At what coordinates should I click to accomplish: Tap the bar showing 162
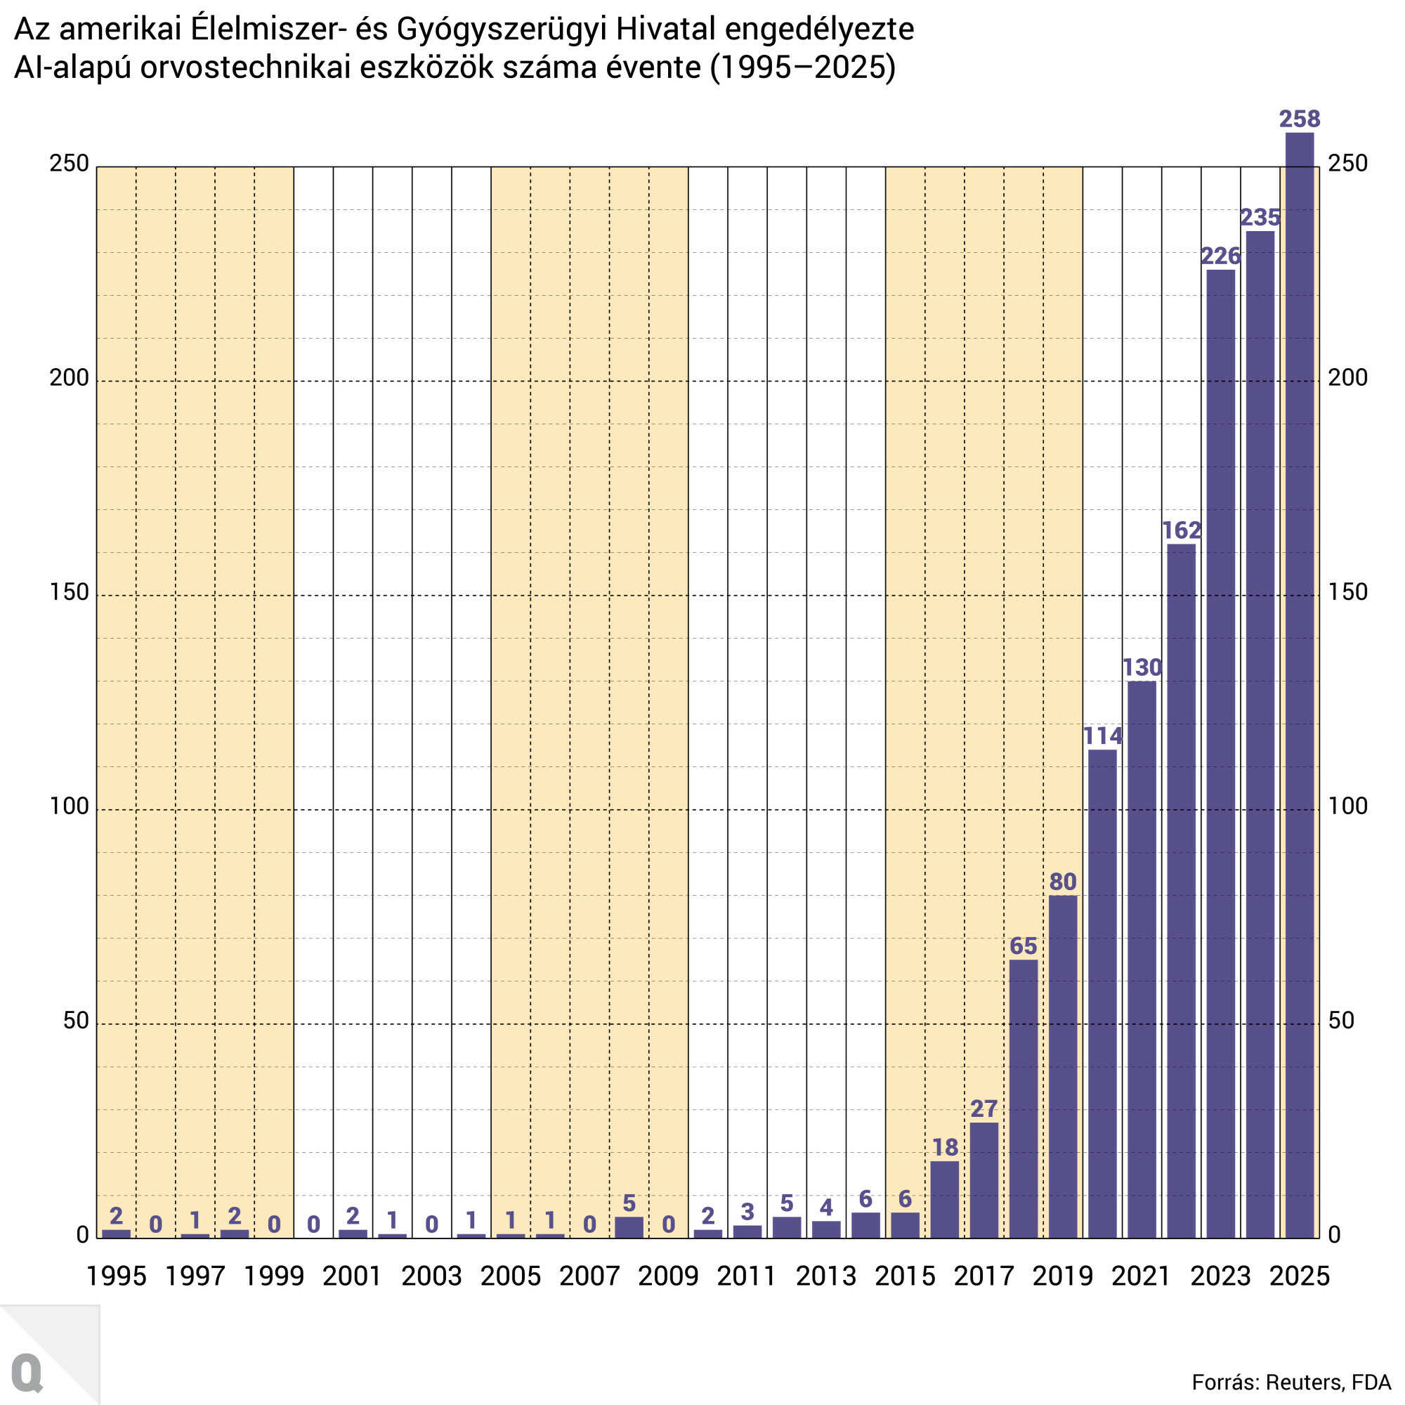(1181, 890)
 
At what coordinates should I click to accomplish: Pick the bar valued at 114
(1102, 993)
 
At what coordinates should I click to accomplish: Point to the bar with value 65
(1024, 1098)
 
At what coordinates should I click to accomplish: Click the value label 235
(1260, 218)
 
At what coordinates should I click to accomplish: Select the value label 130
(1142, 667)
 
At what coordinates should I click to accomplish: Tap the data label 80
(1062, 882)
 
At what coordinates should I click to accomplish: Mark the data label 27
(984, 1109)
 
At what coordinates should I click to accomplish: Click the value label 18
(945, 1147)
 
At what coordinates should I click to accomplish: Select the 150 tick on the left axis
(69, 593)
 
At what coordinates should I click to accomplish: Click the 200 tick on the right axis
(1347, 378)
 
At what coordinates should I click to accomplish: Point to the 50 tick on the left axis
(76, 1021)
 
